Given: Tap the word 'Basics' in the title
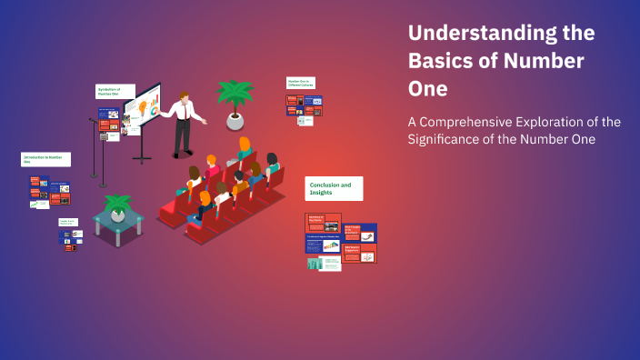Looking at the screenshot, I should pos(445,63).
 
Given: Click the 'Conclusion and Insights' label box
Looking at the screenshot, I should pos(334,188).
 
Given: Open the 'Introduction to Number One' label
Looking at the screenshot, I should pos(45,160).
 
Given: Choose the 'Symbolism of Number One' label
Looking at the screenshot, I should pos(115,92).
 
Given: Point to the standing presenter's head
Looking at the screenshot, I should pos(182,95).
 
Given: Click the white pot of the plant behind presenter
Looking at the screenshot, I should pos(235,121).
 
